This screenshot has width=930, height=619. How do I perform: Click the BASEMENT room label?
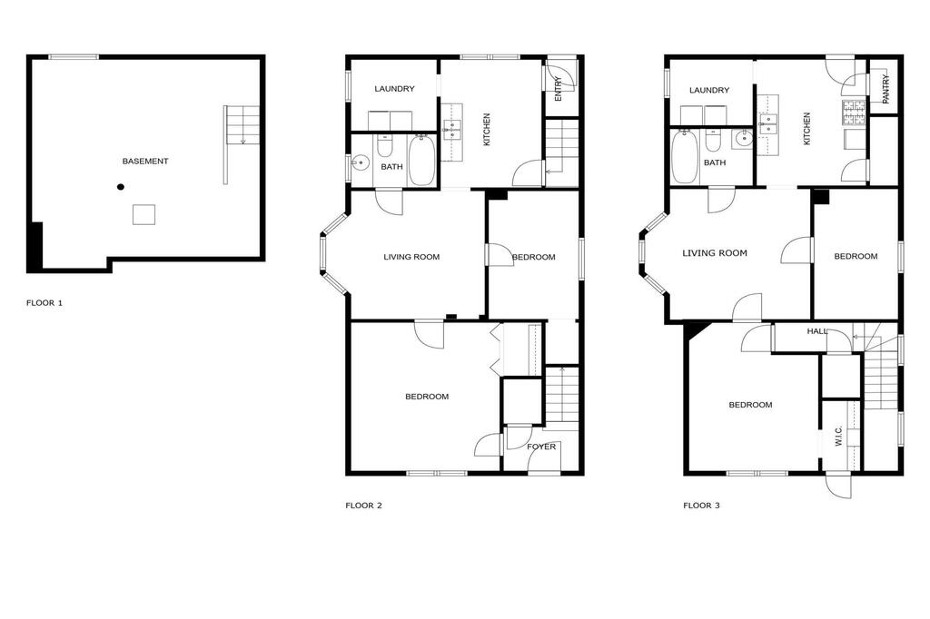click(145, 162)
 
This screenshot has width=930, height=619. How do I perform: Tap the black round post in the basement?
click(121, 187)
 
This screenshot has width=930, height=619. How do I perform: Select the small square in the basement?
click(143, 214)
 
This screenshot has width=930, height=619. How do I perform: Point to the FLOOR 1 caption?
click(45, 303)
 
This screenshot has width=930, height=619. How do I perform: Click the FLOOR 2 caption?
click(363, 506)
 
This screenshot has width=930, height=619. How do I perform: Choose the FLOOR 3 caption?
click(702, 506)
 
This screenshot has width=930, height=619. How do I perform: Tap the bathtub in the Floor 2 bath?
click(421, 160)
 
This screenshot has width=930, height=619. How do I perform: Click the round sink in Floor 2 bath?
click(360, 162)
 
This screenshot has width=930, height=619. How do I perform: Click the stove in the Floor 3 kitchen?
click(854, 112)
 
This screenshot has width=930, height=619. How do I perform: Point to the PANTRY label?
click(886, 89)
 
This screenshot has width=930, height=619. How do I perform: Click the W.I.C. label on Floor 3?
click(838, 436)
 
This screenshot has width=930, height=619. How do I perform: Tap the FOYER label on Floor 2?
click(541, 447)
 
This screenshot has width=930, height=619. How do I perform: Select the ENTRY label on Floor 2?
click(559, 89)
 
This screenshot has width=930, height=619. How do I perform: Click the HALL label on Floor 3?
click(817, 331)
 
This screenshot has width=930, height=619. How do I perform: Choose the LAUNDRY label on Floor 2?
click(394, 89)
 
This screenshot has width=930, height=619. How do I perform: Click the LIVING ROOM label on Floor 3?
click(715, 253)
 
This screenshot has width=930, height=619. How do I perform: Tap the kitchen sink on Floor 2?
click(452, 129)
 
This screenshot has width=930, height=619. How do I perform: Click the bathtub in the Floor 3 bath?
click(685, 157)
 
